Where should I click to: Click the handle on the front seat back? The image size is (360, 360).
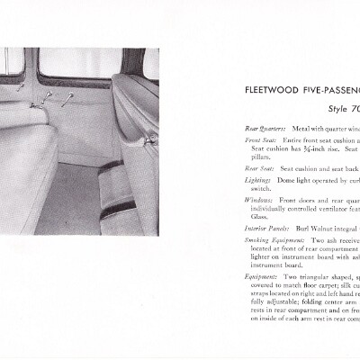[x=150, y=140]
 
